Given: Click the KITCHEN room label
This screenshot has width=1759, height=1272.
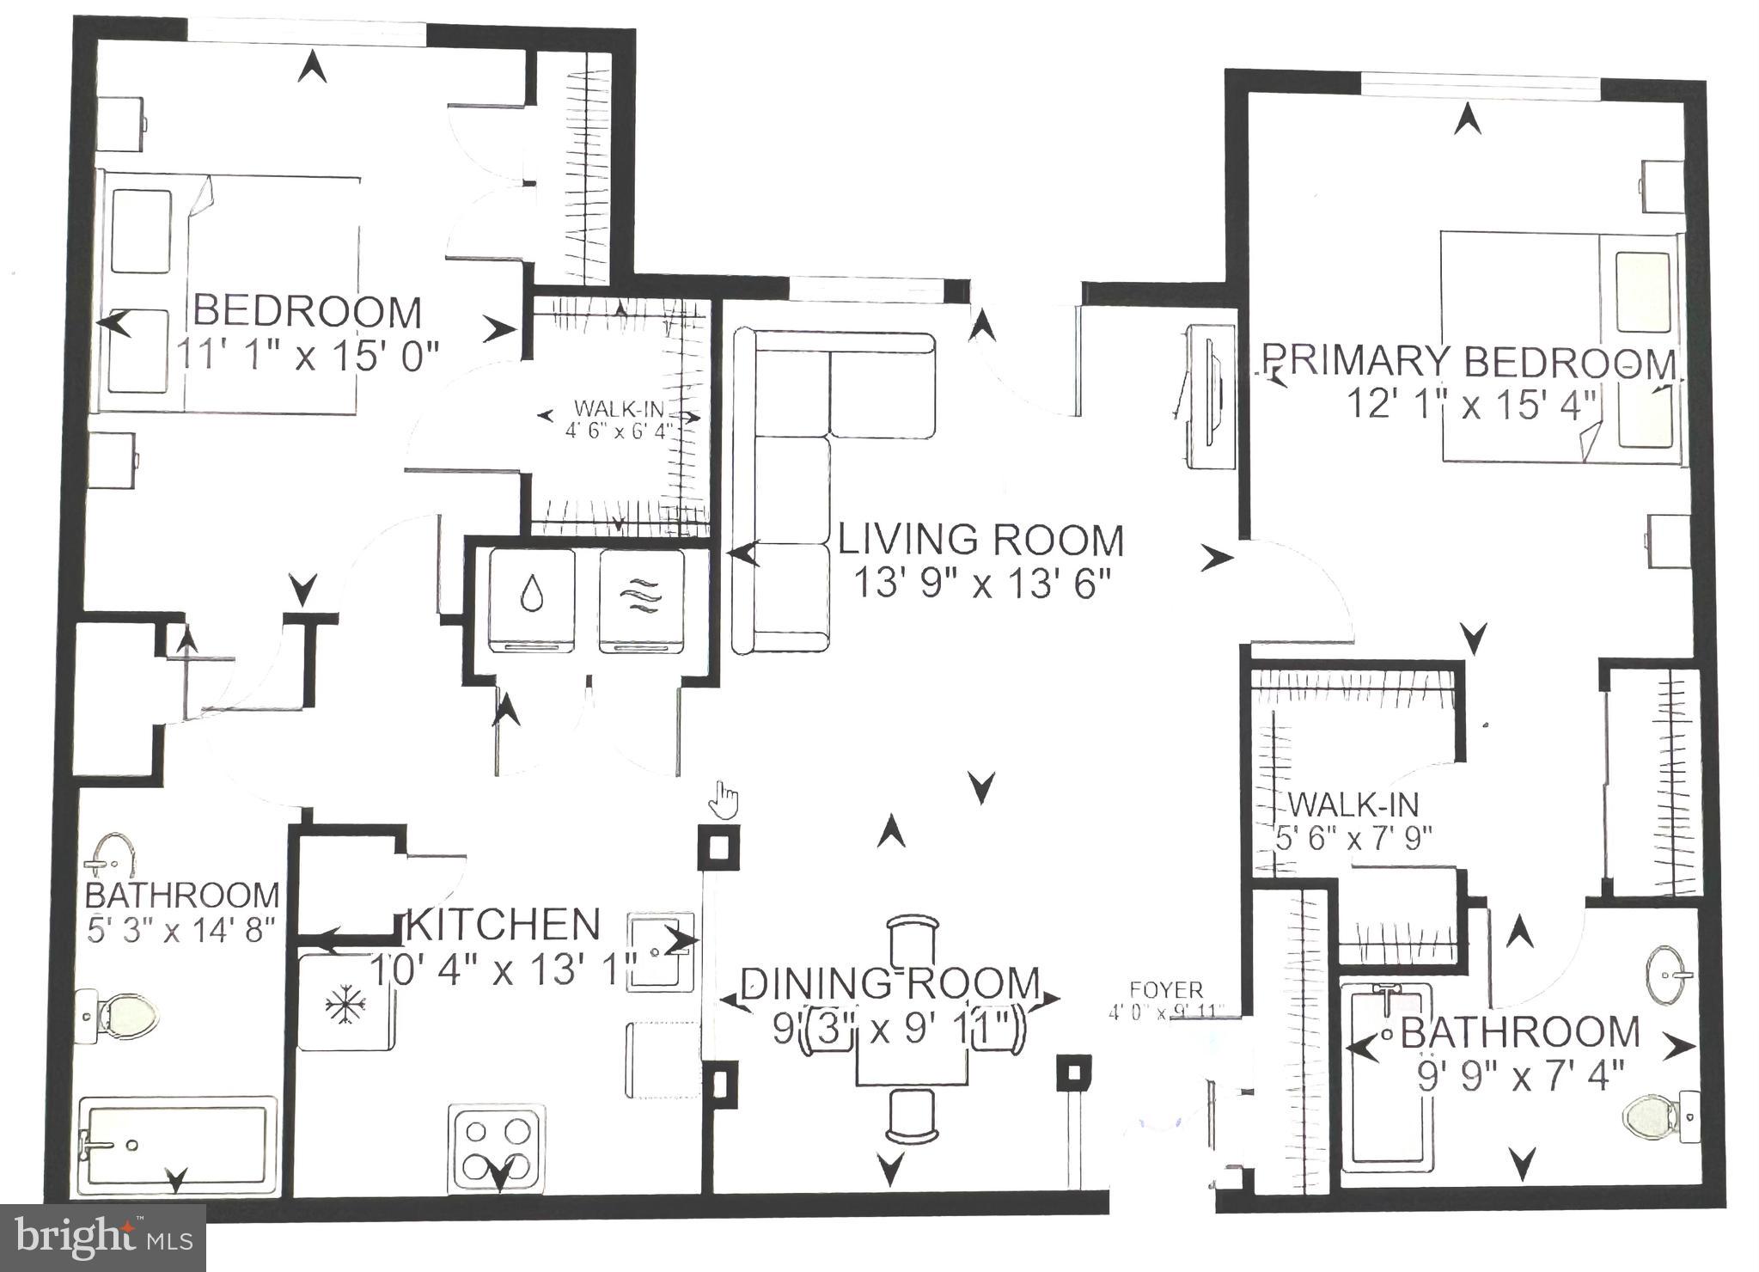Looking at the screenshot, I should coord(503,925).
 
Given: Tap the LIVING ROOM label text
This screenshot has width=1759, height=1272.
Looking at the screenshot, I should coord(980,541).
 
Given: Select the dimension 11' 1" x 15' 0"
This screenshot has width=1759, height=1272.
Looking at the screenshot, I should coord(308,353).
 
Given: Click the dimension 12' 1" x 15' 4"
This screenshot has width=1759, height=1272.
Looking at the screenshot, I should coord(1470,404).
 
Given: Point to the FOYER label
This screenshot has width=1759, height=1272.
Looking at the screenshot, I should coord(1166,990).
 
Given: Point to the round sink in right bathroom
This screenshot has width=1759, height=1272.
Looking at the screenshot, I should coord(1669,975).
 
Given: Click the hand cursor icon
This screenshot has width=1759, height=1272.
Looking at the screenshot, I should coord(724,801).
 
